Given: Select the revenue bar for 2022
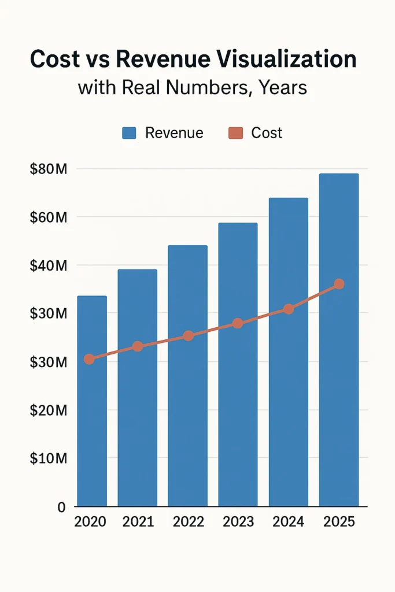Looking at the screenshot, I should click(187, 405).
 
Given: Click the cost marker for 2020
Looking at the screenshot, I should click(89, 359).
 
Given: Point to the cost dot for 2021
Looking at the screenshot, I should click(138, 346).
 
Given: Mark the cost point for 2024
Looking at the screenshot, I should click(289, 309).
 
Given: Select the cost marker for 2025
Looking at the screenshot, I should click(339, 284).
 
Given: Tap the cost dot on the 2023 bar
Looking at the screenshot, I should click(238, 323).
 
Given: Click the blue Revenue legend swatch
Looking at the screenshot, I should click(128, 134).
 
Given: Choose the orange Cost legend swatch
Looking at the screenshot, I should click(235, 134).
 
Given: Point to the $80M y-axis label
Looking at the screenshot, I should click(49, 169).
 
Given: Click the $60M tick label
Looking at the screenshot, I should click(49, 217).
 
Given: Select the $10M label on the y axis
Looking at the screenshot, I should click(49, 458).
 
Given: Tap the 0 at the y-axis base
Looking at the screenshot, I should click(61, 507).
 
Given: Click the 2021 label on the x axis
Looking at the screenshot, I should click(138, 521).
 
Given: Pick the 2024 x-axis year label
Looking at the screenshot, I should click(289, 521).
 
